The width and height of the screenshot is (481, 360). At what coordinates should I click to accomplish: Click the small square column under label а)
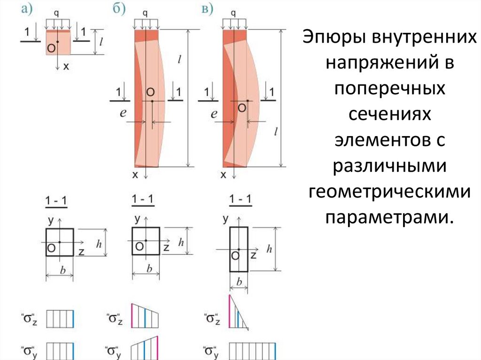[x=58, y=43]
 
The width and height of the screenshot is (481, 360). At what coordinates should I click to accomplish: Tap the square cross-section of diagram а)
[x=60, y=242]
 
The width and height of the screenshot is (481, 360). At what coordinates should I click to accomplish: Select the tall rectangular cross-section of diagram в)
[x=239, y=249]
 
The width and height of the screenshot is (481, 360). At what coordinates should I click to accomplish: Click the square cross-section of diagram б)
[x=146, y=241]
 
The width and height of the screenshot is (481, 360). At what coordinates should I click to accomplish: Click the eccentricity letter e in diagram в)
[x=214, y=113]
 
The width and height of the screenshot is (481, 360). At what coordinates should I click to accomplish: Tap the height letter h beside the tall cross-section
[x=269, y=249]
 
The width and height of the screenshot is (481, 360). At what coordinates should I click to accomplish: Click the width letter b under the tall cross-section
[x=239, y=283]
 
